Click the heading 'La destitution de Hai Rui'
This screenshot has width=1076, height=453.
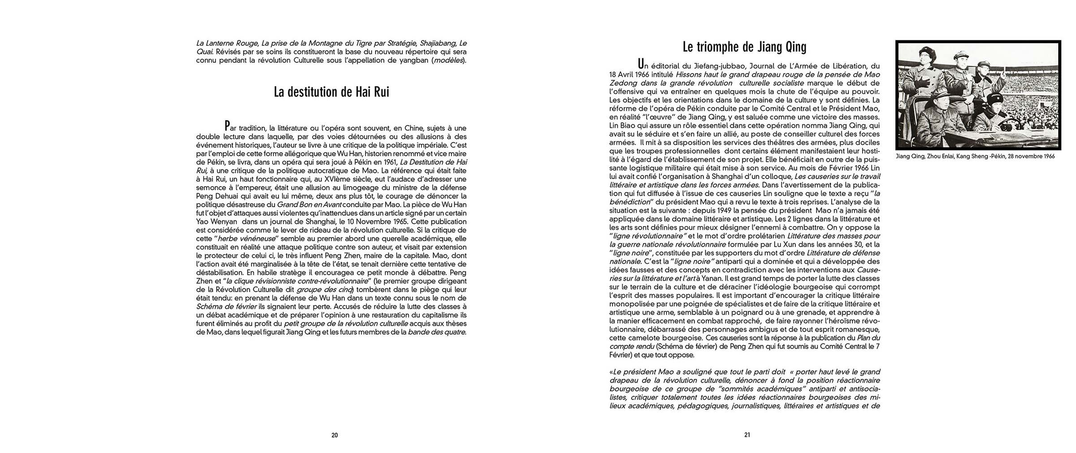click(331, 92)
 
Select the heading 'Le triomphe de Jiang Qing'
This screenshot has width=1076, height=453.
click(744, 47)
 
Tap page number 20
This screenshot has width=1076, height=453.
click(334, 435)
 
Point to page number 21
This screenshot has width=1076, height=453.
click(747, 435)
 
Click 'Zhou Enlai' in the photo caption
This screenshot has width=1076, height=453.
click(938, 157)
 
